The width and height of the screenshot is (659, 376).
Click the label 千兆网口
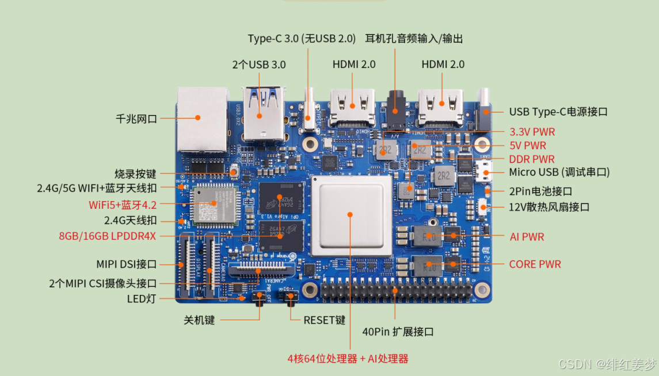click(x=136, y=119)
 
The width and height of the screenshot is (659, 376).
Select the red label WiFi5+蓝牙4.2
click(x=123, y=205)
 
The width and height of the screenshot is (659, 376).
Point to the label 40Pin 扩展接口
click(x=397, y=332)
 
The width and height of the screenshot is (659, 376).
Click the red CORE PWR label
click(x=535, y=264)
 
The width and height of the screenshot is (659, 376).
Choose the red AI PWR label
click(x=527, y=236)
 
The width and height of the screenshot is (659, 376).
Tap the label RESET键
click(x=324, y=320)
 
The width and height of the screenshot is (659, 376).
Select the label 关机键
click(x=199, y=320)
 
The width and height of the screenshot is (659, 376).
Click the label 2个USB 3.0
click(x=259, y=64)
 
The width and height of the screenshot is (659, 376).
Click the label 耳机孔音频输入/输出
click(x=414, y=39)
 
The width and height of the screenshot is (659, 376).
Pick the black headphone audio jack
click(x=395, y=109)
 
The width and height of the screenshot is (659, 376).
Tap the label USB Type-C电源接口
click(x=558, y=112)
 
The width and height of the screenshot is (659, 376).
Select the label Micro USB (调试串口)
click(x=559, y=172)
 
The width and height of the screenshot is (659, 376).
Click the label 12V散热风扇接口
click(x=549, y=207)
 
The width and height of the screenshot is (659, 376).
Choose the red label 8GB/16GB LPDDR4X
click(x=108, y=235)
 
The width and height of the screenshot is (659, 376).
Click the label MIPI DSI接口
click(x=127, y=264)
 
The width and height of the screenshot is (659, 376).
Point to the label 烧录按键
click(x=135, y=174)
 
